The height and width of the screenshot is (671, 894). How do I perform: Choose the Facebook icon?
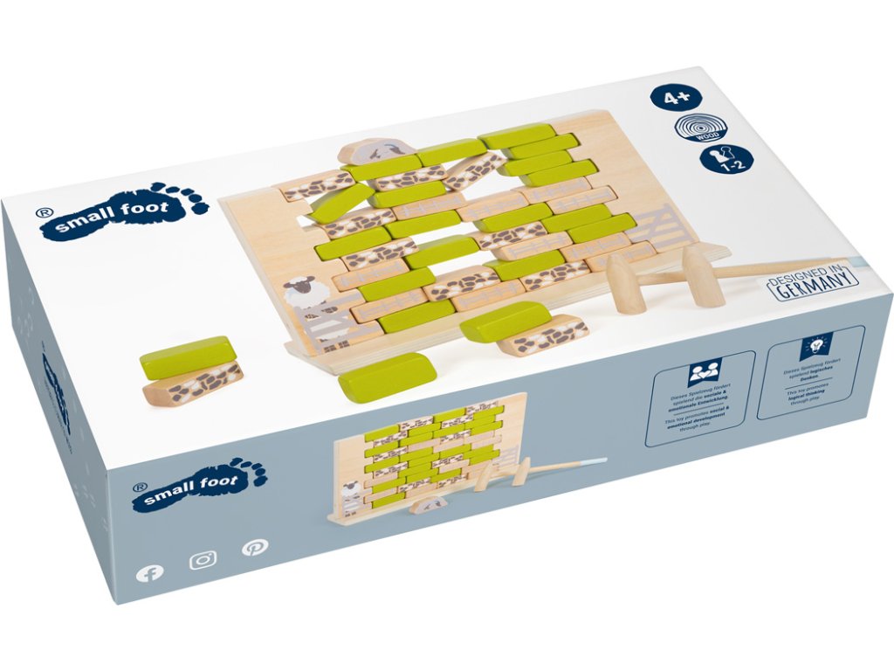150,573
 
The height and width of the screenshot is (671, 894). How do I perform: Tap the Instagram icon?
203,559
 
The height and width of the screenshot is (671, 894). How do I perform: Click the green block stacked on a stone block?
186,356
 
